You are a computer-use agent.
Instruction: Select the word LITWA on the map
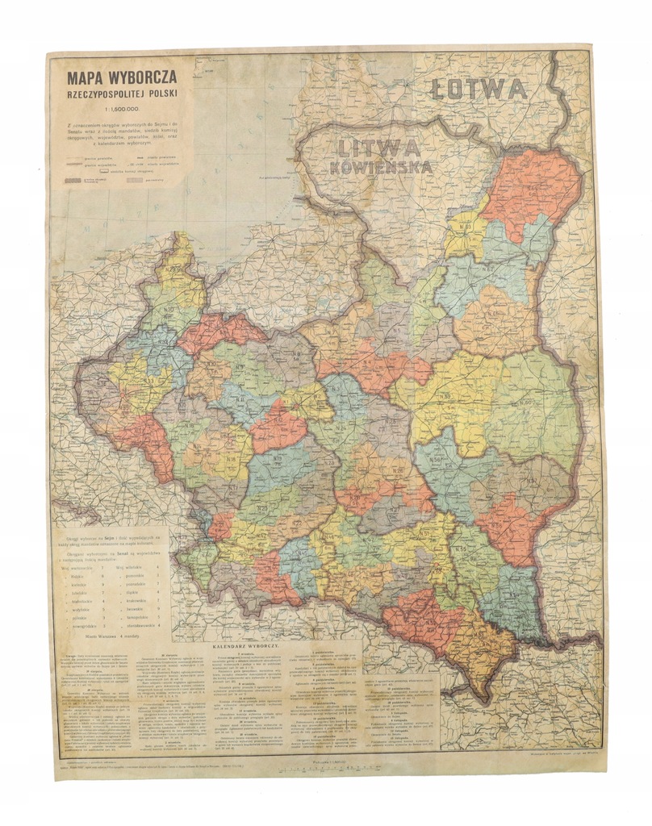click(x=378, y=148)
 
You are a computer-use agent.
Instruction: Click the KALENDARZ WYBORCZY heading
click(x=246, y=646)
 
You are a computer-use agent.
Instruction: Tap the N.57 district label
click(x=533, y=482)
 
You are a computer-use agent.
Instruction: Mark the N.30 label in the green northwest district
click(x=169, y=309)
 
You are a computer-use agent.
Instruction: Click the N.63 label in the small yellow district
click(x=466, y=227)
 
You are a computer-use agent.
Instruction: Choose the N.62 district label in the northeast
click(x=488, y=267)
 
